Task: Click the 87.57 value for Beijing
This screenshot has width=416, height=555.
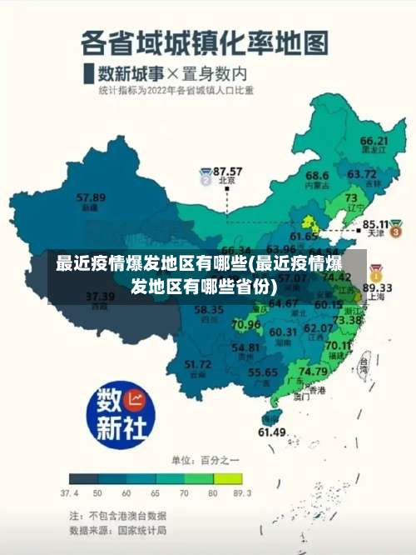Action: pyautogui.click(x=228, y=171)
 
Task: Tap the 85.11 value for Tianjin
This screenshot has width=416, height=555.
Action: pyautogui.click(x=377, y=224)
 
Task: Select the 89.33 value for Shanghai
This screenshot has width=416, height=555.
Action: pyautogui.click(x=378, y=287)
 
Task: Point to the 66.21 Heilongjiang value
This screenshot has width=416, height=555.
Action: pyautogui.click(x=374, y=141)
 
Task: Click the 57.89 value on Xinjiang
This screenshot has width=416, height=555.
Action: pyautogui.click(x=91, y=197)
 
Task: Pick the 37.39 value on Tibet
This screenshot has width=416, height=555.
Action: pyautogui.click(x=100, y=296)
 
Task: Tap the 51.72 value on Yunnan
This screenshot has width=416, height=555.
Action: pyautogui.click(x=197, y=364)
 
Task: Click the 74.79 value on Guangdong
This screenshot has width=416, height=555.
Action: pyautogui.click(x=313, y=371)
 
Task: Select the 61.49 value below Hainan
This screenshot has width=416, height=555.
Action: pyautogui.click(x=272, y=432)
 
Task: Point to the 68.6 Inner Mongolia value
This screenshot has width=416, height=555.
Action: pyautogui.click(x=316, y=176)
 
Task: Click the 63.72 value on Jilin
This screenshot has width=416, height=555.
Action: pyautogui.click(x=361, y=174)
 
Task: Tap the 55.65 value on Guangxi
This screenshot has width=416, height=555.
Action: pyautogui.click(x=263, y=372)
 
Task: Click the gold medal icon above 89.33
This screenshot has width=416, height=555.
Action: pyautogui.click(x=376, y=272)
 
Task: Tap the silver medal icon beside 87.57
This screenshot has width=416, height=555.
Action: pyautogui.click(x=206, y=176)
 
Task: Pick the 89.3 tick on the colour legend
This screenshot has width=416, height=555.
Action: pyautogui.click(x=241, y=493)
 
